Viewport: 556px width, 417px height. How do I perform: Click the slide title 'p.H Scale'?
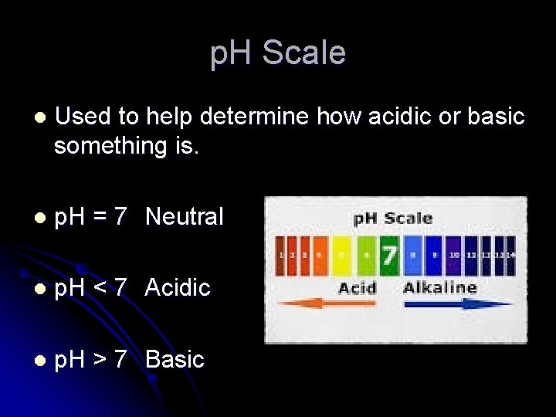(278, 53)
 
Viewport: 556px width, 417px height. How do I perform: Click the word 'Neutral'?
(184, 217)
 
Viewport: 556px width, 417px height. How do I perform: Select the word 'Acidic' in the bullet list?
(178, 288)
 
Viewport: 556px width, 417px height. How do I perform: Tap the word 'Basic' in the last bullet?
(175, 360)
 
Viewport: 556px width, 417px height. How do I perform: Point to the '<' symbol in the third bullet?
(100, 289)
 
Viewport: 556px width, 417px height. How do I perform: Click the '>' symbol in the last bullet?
(100, 361)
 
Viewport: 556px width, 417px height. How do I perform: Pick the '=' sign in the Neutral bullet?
(100, 218)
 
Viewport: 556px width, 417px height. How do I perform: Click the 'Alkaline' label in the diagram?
(440, 287)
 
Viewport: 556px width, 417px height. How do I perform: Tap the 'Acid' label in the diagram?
(358, 288)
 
